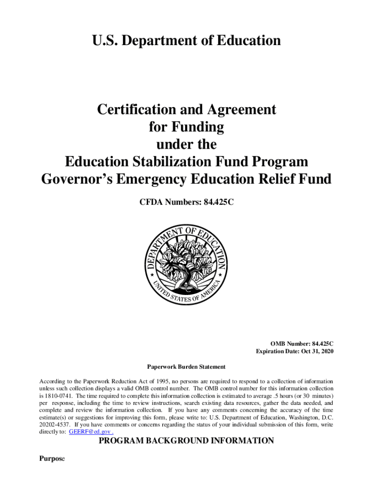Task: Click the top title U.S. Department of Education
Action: coord(186,41)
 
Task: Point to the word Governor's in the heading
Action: coord(80,179)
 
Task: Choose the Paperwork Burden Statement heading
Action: coord(186,367)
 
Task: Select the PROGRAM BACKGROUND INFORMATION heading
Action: coord(186,441)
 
